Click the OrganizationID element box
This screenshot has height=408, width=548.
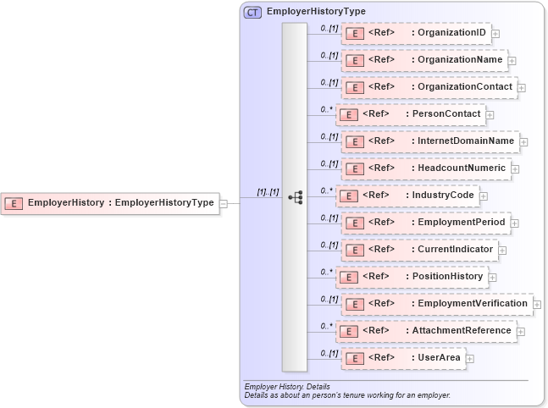point(416,33)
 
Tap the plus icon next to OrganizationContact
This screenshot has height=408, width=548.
point(522,87)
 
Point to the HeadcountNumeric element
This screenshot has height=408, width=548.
point(425,168)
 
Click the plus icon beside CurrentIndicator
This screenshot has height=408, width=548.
point(502,250)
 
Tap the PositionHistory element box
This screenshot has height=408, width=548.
point(411,277)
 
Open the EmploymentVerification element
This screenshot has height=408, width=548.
point(436,304)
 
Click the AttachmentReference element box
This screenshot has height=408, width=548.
point(425,331)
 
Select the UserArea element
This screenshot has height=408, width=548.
point(402,358)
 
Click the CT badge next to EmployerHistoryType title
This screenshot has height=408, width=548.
point(252,13)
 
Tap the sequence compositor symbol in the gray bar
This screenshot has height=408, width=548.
point(295,196)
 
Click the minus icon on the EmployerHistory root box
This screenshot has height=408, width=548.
point(224,203)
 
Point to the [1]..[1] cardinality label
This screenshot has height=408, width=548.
point(268,192)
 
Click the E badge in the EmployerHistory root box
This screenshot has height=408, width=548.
point(14,203)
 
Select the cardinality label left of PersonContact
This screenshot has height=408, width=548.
point(325,109)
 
